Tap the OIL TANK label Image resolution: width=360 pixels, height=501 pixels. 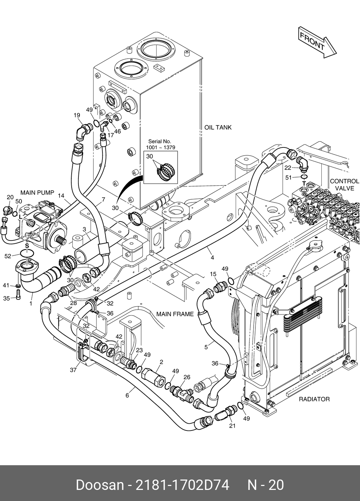coord(218,127)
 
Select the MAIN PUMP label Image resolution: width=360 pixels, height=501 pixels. coord(37,193)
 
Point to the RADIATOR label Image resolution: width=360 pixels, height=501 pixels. coord(314,399)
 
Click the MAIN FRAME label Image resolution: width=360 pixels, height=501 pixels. coord(175,314)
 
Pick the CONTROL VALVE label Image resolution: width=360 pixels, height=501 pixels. coord(344,185)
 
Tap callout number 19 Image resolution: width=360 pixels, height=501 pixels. coord(77,115)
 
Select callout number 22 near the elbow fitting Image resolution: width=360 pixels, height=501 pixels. coord(288,167)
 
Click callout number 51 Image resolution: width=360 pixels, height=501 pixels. coord(289,177)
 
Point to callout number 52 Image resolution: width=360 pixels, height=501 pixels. coord(8,256)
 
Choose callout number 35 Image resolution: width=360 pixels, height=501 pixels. coord(6,298)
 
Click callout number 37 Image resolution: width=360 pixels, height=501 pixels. coord(73,370)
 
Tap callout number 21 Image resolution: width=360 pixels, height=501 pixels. coord(232,426)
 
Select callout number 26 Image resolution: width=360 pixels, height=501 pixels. coord(187,377)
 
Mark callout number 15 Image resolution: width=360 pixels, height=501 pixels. coord(213,274)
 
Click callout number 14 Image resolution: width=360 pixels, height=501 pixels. coord(61,196)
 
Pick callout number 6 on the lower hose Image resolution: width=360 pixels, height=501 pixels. coord(127,395)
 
